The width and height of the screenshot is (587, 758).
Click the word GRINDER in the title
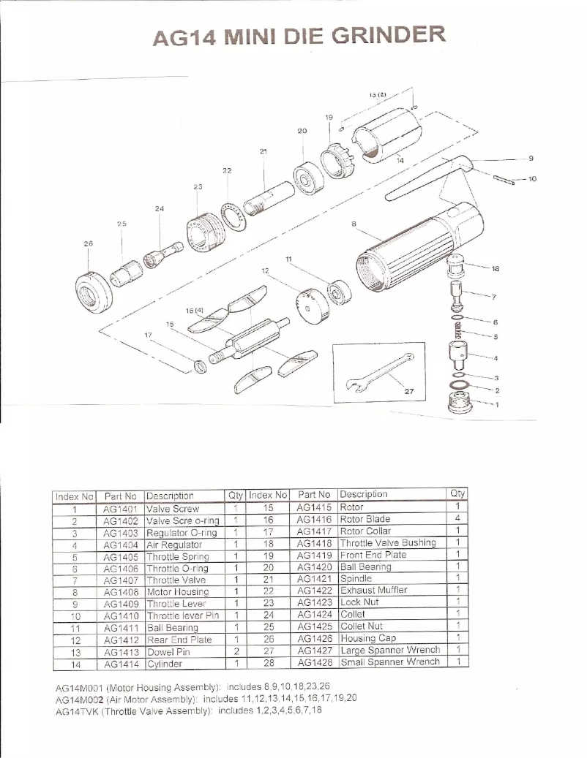[x=386, y=35]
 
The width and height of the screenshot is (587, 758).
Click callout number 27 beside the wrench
[x=409, y=393]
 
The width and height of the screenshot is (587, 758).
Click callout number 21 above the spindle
[x=263, y=151]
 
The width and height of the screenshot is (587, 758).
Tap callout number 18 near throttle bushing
[x=496, y=269]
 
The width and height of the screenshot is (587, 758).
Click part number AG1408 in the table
[x=120, y=592]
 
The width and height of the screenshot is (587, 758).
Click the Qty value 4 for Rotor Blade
[x=457, y=518]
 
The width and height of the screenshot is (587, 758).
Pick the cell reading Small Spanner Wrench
[x=390, y=662]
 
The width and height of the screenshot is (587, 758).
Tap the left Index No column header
[x=75, y=495]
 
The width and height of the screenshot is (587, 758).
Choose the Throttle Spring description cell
[x=178, y=556]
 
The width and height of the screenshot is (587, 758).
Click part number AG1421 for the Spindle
[x=315, y=578]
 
